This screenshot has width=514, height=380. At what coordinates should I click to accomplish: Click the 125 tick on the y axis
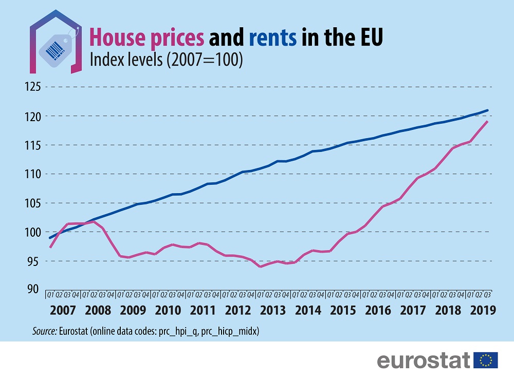pos(32,87)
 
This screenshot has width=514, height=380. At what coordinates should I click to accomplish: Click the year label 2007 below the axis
pos(64,311)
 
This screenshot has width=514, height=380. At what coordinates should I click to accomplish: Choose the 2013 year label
pos(273,311)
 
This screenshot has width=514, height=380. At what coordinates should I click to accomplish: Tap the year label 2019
pos(482,311)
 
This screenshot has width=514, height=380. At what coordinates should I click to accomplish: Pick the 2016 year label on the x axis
pos(378,311)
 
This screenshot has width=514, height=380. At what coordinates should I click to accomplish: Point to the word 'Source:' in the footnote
pos(44,332)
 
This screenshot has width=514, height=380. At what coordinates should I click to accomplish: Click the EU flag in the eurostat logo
pos(485,360)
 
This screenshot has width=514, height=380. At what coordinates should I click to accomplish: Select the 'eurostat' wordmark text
pos(424,360)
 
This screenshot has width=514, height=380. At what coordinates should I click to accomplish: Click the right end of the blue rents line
pos(487,110)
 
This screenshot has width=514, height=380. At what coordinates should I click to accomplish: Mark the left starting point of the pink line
pos(50,248)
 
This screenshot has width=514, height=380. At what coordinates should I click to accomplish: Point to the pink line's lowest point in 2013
pos(261,267)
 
